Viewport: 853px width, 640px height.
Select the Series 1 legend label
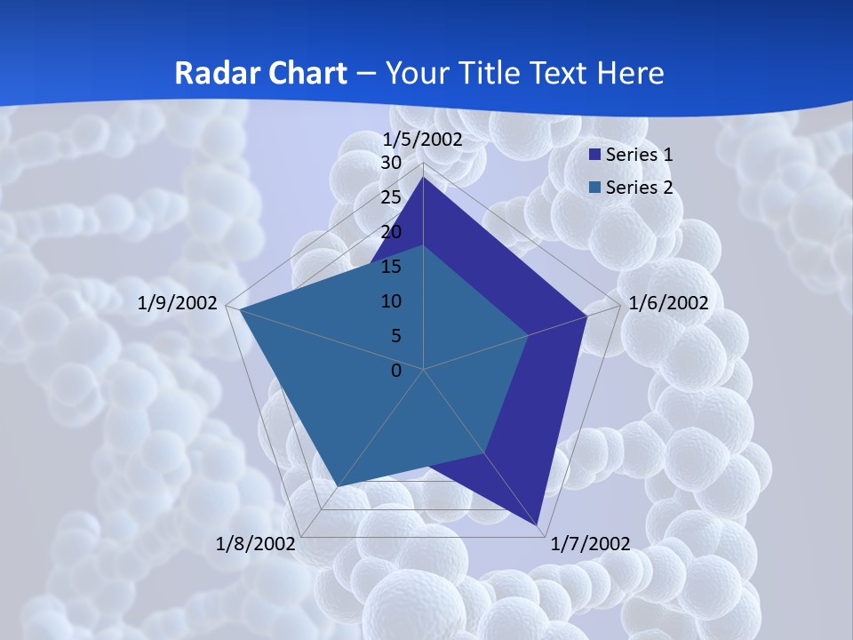tap(639, 155)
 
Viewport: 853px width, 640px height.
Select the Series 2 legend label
tap(639, 188)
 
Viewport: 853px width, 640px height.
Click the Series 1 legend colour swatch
tap(595, 155)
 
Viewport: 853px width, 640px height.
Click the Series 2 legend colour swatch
tap(595, 188)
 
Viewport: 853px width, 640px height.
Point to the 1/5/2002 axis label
tap(422, 140)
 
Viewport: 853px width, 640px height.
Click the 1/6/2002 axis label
tap(668, 303)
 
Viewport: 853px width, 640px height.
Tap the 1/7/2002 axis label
tap(591, 544)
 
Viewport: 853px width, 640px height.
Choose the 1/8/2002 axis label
tap(255, 544)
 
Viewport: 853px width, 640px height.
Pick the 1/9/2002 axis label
tap(178, 303)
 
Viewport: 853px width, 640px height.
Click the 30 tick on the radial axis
tap(391, 163)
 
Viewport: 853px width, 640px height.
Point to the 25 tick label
tap(391, 197)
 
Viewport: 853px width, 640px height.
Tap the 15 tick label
tap(391, 267)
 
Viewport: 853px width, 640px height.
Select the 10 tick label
tap(391, 301)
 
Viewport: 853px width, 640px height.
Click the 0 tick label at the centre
tap(396, 371)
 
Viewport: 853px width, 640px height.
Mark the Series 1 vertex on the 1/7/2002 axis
tap(538, 525)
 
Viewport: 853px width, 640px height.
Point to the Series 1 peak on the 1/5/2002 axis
tap(423, 178)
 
